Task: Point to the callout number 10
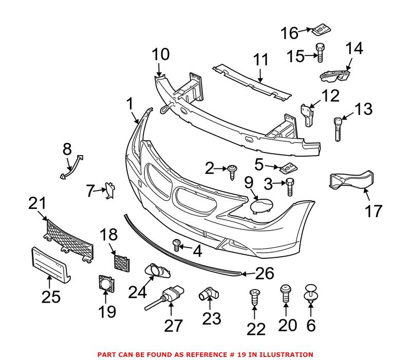point(160,54)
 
